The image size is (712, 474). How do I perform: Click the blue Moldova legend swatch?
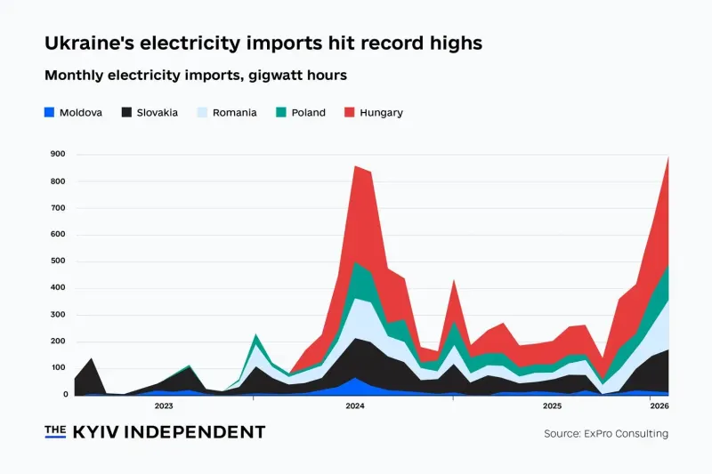pyautogui.click(x=49, y=112)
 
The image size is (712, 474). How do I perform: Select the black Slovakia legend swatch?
pyautogui.click(x=126, y=112)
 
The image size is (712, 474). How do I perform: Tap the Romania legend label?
pyautogui.click(x=234, y=112)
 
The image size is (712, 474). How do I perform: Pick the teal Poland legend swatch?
pyautogui.click(x=281, y=112)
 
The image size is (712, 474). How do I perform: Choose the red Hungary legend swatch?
pyautogui.click(x=349, y=112)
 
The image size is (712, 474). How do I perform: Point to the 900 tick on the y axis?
pyautogui.click(x=58, y=154)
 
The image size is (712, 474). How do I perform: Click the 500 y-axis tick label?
pyautogui.click(x=58, y=261)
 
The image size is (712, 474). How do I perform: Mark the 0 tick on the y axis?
pyautogui.click(x=65, y=395)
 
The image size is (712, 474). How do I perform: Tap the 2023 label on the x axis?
pyautogui.click(x=164, y=406)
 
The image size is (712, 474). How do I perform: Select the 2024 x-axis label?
pyautogui.click(x=355, y=406)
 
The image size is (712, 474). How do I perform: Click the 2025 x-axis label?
pyautogui.click(x=552, y=406)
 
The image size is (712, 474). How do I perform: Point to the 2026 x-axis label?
pyautogui.click(x=659, y=406)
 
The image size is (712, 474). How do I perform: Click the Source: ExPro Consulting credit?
pyautogui.click(x=606, y=434)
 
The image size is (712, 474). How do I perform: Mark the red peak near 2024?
pyautogui.click(x=355, y=166)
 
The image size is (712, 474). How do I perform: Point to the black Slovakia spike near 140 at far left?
pyautogui.click(x=92, y=358)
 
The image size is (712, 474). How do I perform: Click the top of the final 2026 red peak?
pyautogui.click(x=668, y=157)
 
